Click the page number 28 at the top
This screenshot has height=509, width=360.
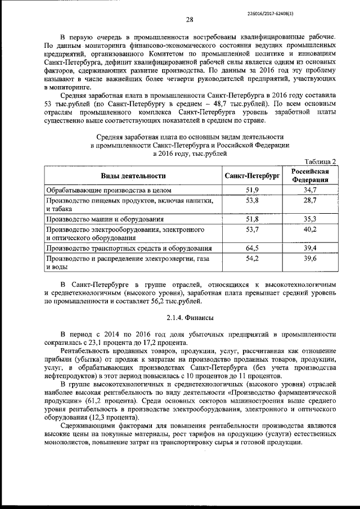[190, 20]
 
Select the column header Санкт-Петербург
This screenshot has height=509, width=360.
[252, 176]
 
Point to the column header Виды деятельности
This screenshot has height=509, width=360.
[133, 176]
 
